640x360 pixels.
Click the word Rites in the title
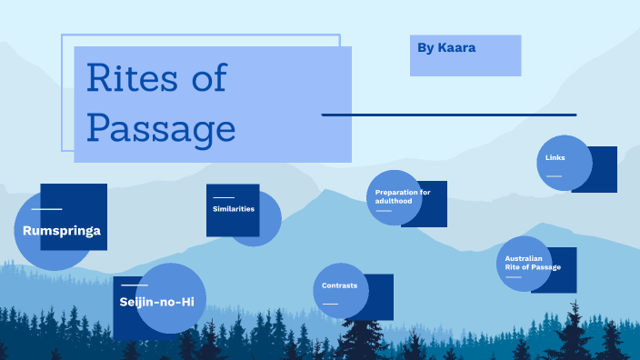(x=129, y=79)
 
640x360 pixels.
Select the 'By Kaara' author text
(x=447, y=46)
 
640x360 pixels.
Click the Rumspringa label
(x=62, y=231)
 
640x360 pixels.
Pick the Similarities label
(x=234, y=209)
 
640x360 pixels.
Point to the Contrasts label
(x=339, y=285)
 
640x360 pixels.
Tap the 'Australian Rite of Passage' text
(x=533, y=263)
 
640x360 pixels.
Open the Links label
(x=555, y=158)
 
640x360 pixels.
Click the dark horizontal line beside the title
(x=449, y=115)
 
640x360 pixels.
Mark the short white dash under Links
(x=554, y=175)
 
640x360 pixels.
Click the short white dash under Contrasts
(x=330, y=304)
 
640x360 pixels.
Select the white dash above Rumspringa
(x=46, y=209)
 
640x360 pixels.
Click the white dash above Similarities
(x=223, y=197)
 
